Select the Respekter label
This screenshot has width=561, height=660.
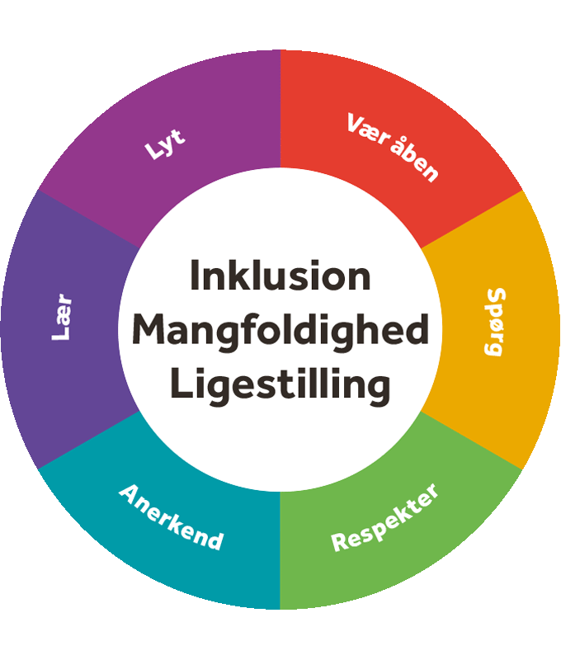click(x=384, y=517)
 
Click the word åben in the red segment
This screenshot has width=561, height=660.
click(x=414, y=161)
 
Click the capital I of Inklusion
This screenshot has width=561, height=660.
click(x=195, y=275)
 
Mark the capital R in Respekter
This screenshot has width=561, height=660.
click(x=340, y=543)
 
